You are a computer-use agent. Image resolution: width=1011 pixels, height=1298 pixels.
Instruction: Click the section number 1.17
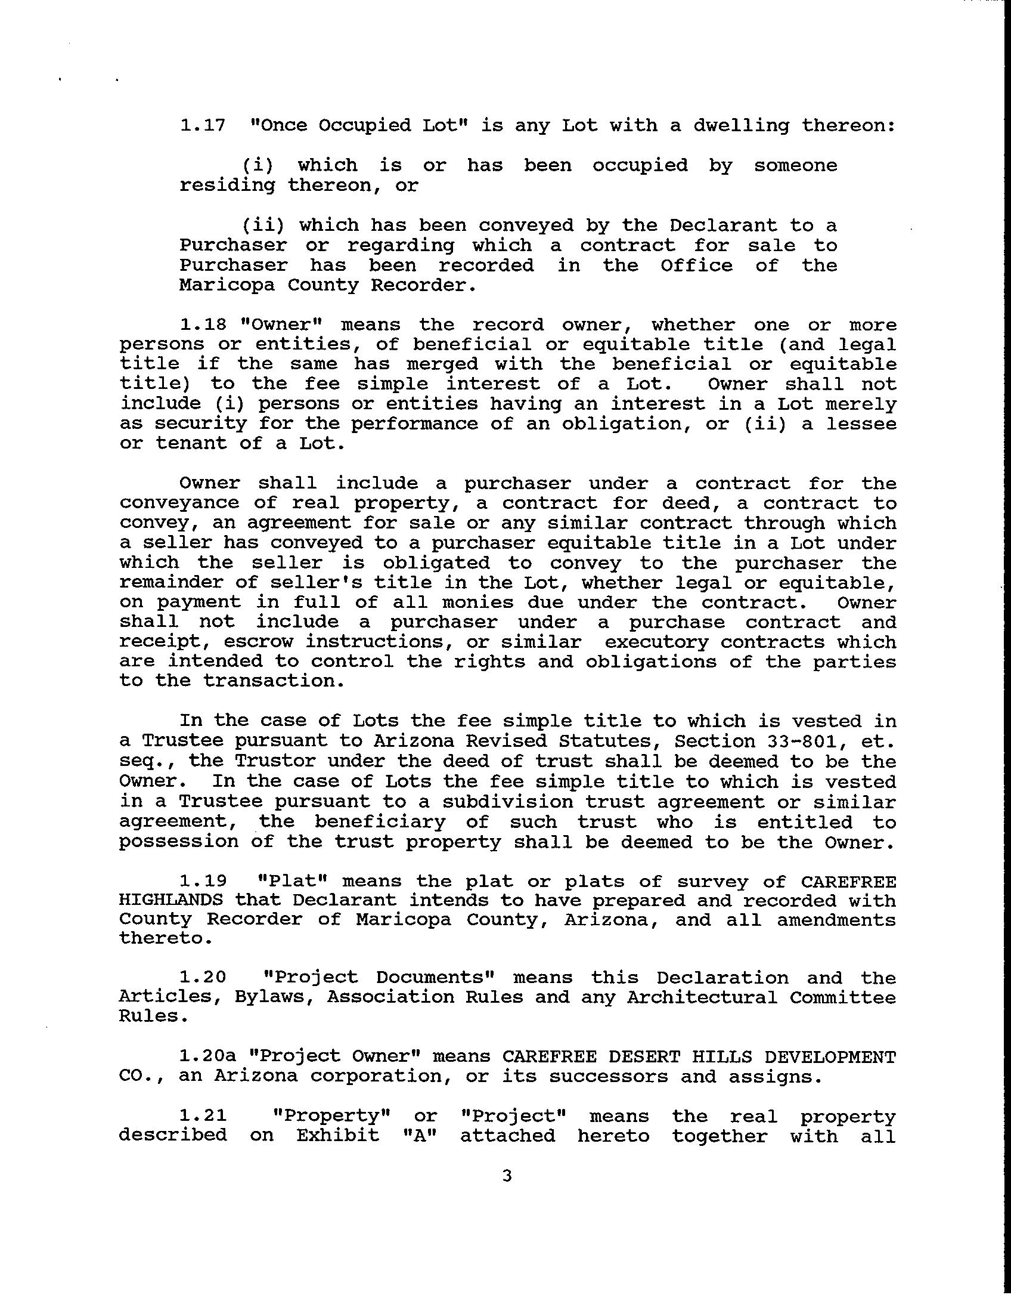(x=203, y=126)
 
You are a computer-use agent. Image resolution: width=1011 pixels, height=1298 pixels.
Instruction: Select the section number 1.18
(x=203, y=325)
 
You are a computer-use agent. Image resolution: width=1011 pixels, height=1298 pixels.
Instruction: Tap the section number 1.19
(x=203, y=881)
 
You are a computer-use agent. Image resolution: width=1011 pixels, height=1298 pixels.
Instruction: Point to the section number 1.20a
(x=207, y=1056)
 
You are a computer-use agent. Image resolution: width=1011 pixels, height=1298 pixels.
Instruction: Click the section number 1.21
(x=203, y=1116)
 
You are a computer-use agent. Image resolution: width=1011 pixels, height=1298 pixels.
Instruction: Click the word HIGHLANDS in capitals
(x=171, y=900)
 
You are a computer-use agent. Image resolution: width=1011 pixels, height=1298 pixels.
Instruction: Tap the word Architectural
(x=702, y=997)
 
